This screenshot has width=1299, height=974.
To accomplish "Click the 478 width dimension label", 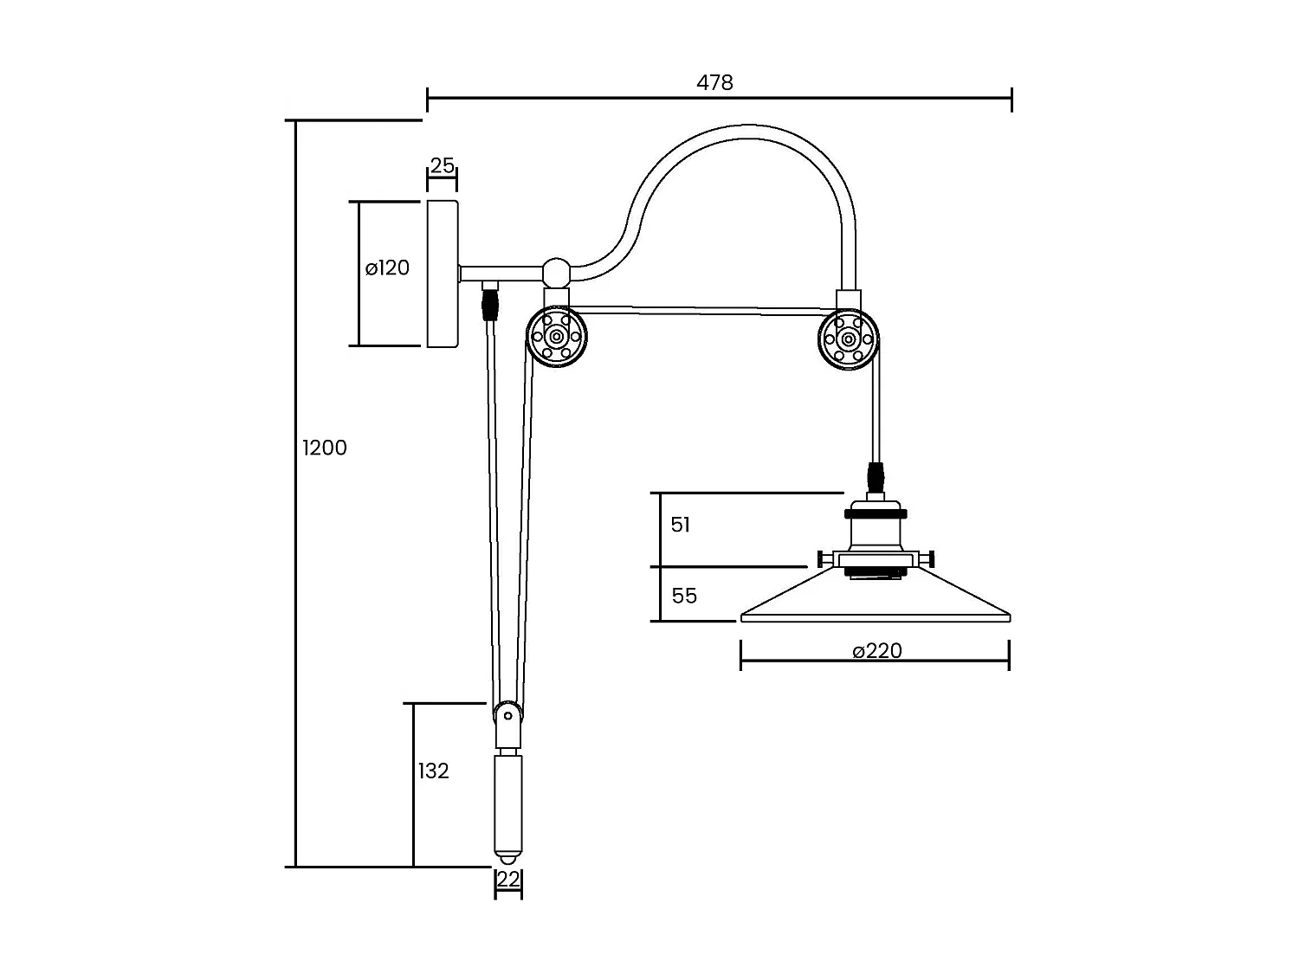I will pyautogui.click(x=714, y=82).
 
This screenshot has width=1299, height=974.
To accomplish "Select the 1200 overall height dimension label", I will pyautogui.click(x=325, y=448).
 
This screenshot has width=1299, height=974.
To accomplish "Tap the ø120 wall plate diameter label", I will pyautogui.click(x=387, y=268).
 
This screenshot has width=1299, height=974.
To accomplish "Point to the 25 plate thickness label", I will pyautogui.click(x=442, y=165).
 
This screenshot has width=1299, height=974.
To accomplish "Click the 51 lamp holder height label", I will pyautogui.click(x=681, y=525).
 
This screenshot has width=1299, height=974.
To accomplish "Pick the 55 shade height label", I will pyautogui.click(x=684, y=596).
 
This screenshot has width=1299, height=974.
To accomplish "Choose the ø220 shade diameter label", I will pyautogui.click(x=876, y=651).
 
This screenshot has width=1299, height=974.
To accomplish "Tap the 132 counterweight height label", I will pyautogui.click(x=433, y=771).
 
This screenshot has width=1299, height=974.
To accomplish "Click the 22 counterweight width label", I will pyautogui.click(x=508, y=880).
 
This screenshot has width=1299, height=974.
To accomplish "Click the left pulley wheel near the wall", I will pyautogui.click(x=556, y=337).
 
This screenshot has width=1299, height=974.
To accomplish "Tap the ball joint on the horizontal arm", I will pyautogui.click(x=556, y=272).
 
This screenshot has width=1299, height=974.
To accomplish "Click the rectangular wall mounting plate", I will pyautogui.click(x=443, y=274).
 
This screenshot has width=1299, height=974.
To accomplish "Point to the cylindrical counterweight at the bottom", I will pyautogui.click(x=507, y=805).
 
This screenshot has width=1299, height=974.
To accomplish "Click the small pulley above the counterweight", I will pyautogui.click(x=507, y=716).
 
